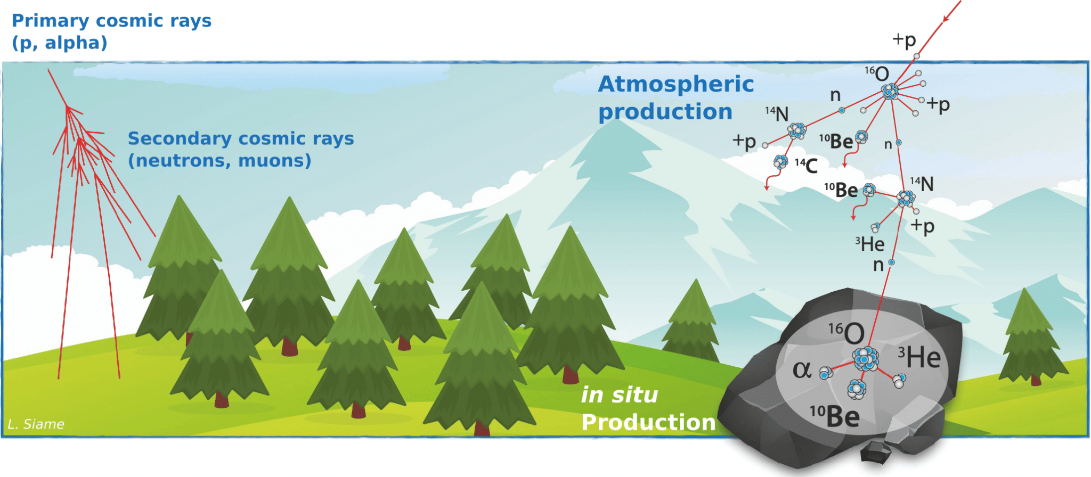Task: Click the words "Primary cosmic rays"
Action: tap(111, 21)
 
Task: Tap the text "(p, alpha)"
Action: tap(60, 43)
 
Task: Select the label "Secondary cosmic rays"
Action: tap(241, 138)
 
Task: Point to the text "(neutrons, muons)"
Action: tap(219, 160)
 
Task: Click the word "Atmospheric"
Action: tap(676, 84)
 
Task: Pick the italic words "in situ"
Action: tap(620, 394)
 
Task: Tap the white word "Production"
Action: tap(648, 422)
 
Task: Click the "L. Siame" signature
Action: tap(36, 424)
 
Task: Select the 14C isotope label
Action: tap(806, 166)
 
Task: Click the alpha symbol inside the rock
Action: tap(802, 369)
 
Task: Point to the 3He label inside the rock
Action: tap(919, 357)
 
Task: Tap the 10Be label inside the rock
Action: tap(835, 416)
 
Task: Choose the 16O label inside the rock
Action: tap(846, 333)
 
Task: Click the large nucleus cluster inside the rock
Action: tap(866, 359)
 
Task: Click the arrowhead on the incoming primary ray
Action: tap(946, 19)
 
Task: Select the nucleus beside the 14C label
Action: tap(781, 161)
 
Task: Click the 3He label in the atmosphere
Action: tap(869, 244)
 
